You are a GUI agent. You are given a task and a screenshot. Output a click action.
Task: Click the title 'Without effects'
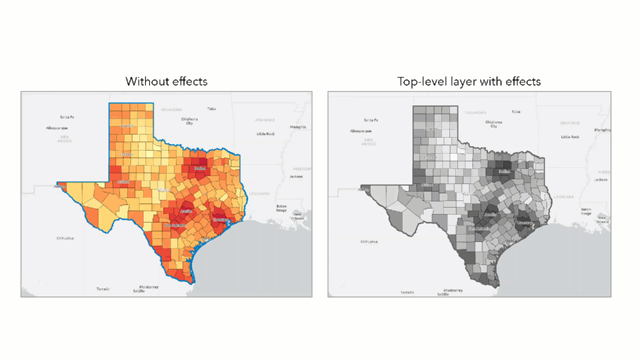tap(166, 81)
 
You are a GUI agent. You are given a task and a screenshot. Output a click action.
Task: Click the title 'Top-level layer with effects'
tap(469, 81)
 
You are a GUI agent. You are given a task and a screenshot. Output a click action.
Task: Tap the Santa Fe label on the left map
tap(67, 117)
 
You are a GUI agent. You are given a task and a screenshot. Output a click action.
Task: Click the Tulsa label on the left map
tap(211, 108)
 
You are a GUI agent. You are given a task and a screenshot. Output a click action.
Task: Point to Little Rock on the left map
tap(265, 134)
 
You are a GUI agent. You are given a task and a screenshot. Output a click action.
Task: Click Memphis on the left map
tap(298, 127)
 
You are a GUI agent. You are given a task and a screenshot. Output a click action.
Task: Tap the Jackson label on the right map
tap(601, 179)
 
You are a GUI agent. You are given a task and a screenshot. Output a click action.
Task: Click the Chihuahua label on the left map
tap(65, 238)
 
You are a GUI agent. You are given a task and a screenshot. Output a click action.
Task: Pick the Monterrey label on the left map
tap(149, 287)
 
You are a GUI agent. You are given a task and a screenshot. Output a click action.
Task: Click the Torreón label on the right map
tap(407, 292)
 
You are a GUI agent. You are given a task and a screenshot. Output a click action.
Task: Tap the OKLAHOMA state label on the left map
tap(171, 109)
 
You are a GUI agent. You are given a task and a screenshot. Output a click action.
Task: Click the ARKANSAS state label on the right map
tap(570, 122)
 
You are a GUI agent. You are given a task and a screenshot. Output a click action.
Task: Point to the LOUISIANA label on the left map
tap(259, 193)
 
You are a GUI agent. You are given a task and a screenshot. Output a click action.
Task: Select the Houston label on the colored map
tap(220, 219)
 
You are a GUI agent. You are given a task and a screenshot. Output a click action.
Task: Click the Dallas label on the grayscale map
tap(504, 171)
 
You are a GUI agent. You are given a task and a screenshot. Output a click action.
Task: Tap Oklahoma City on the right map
tap(493, 124)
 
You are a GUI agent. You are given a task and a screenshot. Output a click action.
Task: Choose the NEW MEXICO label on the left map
tap(64, 138)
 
